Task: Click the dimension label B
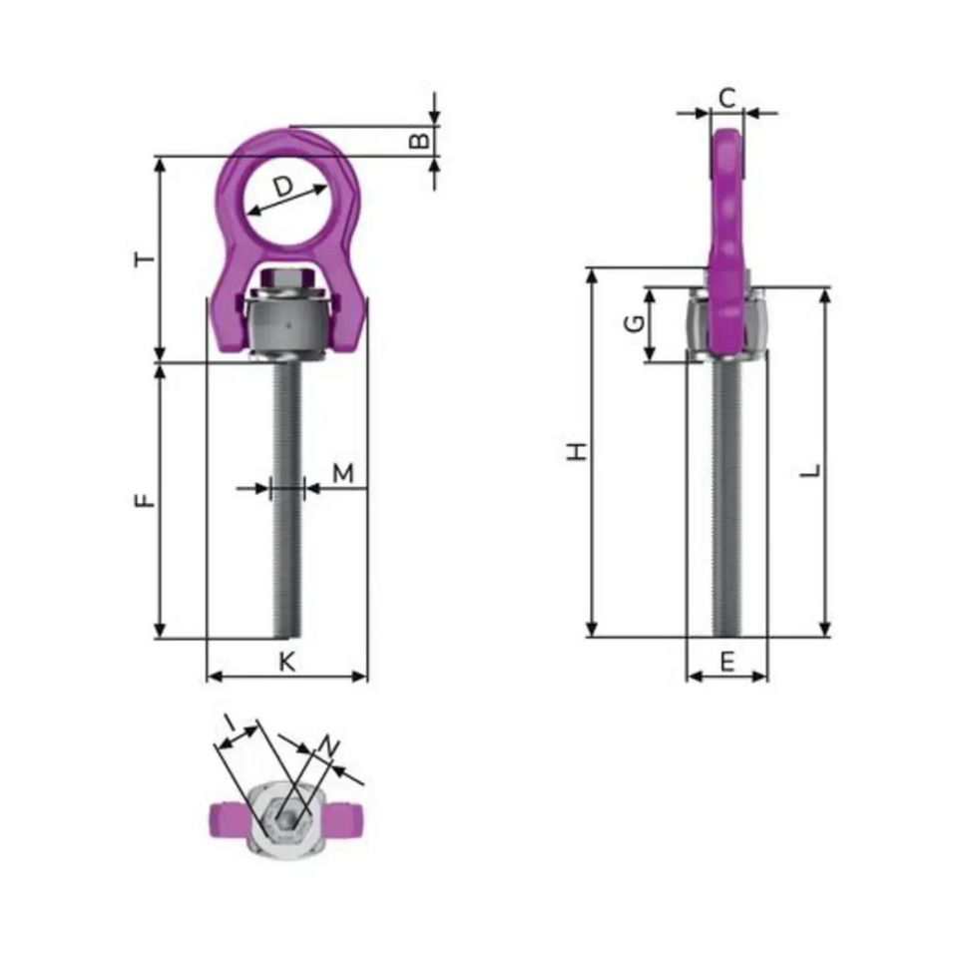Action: (x=421, y=140)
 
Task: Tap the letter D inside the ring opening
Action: (x=284, y=188)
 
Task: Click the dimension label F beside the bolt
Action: (x=146, y=498)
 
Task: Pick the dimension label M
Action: (x=342, y=473)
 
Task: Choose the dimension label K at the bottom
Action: (x=286, y=661)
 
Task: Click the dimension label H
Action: (x=577, y=452)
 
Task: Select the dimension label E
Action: (x=726, y=661)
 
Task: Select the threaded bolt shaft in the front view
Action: (x=286, y=499)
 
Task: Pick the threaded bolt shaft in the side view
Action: (x=726, y=499)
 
